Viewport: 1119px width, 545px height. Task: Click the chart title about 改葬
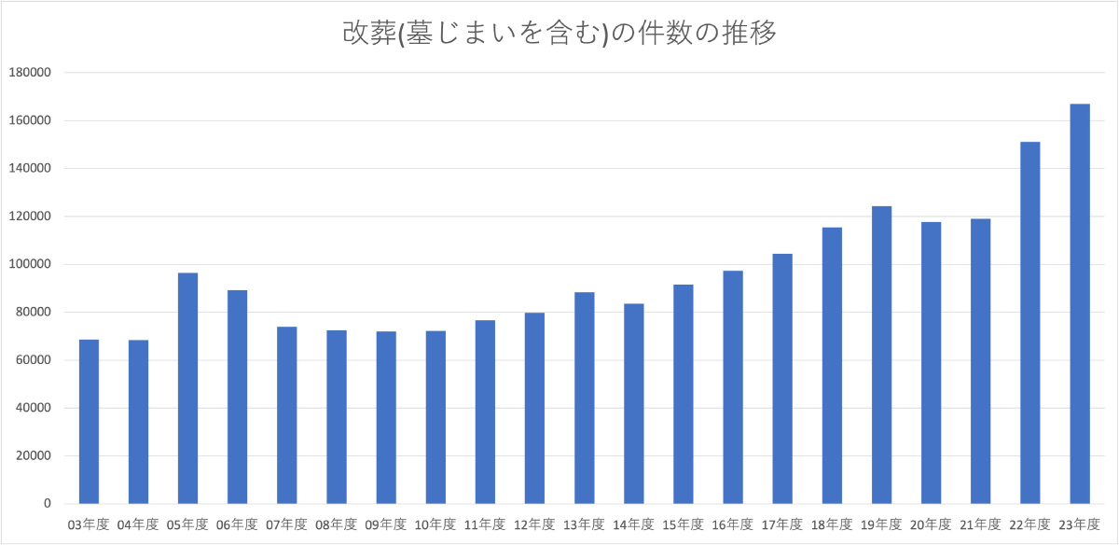point(559,34)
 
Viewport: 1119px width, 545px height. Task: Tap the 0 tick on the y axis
point(46,504)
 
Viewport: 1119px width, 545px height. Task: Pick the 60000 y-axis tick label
point(31,360)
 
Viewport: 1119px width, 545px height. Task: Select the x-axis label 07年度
point(287,524)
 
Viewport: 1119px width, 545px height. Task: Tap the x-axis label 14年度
point(634,524)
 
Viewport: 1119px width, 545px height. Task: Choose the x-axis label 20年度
point(932,524)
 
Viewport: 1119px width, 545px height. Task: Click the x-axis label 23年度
point(1080,524)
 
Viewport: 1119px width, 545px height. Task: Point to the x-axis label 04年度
point(138,524)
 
